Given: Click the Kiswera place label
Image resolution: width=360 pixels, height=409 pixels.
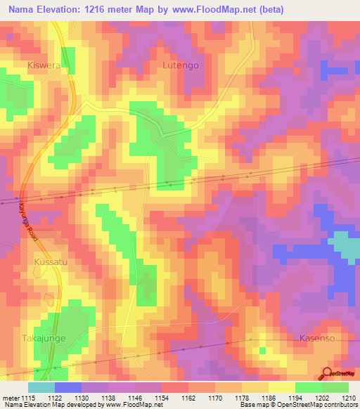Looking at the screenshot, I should click(x=44, y=65).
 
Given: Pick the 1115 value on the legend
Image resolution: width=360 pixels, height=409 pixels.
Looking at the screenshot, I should click(x=27, y=398).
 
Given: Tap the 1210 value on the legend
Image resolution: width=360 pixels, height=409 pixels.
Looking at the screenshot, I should click(x=339, y=398).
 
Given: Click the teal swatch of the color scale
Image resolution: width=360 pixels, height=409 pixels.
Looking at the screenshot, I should click(x=41, y=387).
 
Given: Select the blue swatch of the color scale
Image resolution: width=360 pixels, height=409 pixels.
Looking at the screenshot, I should click(x=67, y=387).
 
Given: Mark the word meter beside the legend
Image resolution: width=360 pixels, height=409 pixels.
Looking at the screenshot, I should click(x=10, y=398).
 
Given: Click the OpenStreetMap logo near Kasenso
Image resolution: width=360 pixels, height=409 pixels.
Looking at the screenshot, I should click(x=337, y=374).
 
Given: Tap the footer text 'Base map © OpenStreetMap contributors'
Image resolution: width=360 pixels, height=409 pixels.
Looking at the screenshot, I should click(x=298, y=405).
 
